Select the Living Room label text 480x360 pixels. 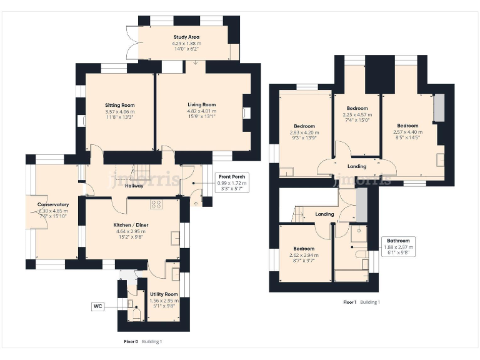pyautogui.click(x=201, y=105)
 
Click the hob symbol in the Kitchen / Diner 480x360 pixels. pyautogui.click(x=156, y=204)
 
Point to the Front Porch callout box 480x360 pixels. pyautogui.click(x=231, y=182)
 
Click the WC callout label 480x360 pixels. pyautogui.click(x=97, y=306)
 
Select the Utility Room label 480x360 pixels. pyautogui.click(x=163, y=294)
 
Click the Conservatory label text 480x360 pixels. pyautogui.click(x=53, y=205)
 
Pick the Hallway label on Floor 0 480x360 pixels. pyautogui.click(x=134, y=186)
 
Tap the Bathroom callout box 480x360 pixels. pyautogui.click(x=398, y=246)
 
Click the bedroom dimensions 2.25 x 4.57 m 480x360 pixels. pyautogui.click(x=357, y=115)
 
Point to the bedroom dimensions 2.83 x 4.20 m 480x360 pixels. pyautogui.click(x=304, y=132)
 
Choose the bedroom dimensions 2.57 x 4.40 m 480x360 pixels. pyautogui.click(x=407, y=132)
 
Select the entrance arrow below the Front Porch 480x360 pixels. pyautogui.click(x=197, y=202)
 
